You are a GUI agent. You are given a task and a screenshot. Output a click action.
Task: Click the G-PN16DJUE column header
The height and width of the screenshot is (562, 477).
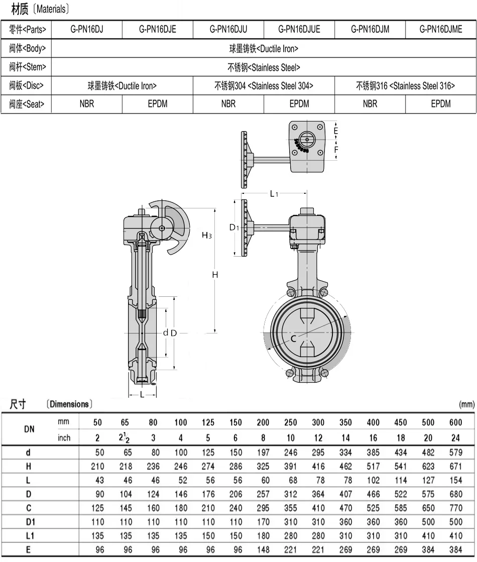click(x=299, y=30)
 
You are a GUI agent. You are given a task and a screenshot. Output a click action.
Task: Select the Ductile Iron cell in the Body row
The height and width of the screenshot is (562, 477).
click(x=264, y=49)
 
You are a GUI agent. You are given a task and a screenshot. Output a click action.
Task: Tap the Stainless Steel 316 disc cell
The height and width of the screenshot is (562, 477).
click(x=405, y=86)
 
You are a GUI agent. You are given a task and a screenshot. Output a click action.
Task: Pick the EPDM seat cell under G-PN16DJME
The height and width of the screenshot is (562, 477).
click(x=441, y=104)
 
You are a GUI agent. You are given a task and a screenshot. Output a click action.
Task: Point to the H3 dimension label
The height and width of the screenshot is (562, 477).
click(x=206, y=235)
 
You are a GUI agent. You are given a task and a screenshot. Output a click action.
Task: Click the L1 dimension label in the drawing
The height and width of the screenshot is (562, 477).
click(x=274, y=193)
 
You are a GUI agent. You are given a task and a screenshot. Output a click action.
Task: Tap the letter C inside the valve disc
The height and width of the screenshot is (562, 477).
click(x=293, y=339)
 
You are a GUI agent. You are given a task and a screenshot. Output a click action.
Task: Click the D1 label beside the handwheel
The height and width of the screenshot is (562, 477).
click(x=234, y=228)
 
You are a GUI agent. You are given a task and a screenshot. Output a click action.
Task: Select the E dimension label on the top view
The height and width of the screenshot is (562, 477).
click(x=336, y=131)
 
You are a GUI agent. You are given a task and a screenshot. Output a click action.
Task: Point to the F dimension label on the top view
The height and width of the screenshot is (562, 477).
click(x=336, y=149)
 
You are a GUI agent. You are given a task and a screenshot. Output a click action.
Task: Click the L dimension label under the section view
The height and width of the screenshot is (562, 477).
click(x=142, y=395)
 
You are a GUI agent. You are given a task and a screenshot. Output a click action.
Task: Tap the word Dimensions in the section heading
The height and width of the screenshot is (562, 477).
click(x=68, y=404)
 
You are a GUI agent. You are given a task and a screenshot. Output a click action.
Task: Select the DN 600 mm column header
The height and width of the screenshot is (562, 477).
click(x=455, y=422)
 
